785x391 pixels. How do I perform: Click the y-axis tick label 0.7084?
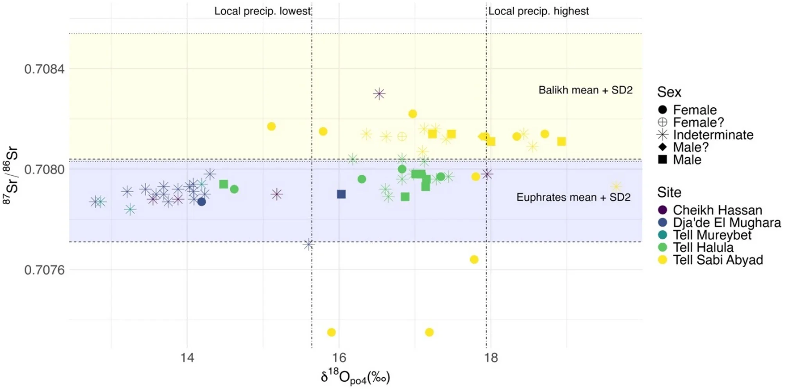pos(44,69)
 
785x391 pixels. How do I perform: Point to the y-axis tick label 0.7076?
pos(44,270)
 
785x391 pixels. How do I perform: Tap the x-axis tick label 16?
pos(339,358)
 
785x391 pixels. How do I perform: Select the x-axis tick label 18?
pos(491,358)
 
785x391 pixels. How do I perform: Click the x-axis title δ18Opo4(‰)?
pos(355,377)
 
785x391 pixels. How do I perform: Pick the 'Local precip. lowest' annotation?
pos(262,11)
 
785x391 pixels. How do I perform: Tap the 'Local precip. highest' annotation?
pos(538,11)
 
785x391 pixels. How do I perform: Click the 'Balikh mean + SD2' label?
pos(585,90)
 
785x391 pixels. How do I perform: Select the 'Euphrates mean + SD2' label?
pos(573,197)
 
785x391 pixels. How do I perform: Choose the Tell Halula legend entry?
pos(703,248)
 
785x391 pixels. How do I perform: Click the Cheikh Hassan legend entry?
pos(717,210)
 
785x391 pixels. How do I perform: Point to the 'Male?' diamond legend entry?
pos(690,147)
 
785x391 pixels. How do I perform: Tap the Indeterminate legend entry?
pos(713,135)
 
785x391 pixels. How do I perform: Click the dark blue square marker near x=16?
pos(341,194)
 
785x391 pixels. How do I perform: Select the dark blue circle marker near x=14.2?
pos(201,202)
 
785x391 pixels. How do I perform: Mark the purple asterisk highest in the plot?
pos(379,94)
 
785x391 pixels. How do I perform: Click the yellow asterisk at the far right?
pos(616,186)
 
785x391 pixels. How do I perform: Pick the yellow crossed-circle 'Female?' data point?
pos(402,136)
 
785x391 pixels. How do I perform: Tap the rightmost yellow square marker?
pos(561,141)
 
